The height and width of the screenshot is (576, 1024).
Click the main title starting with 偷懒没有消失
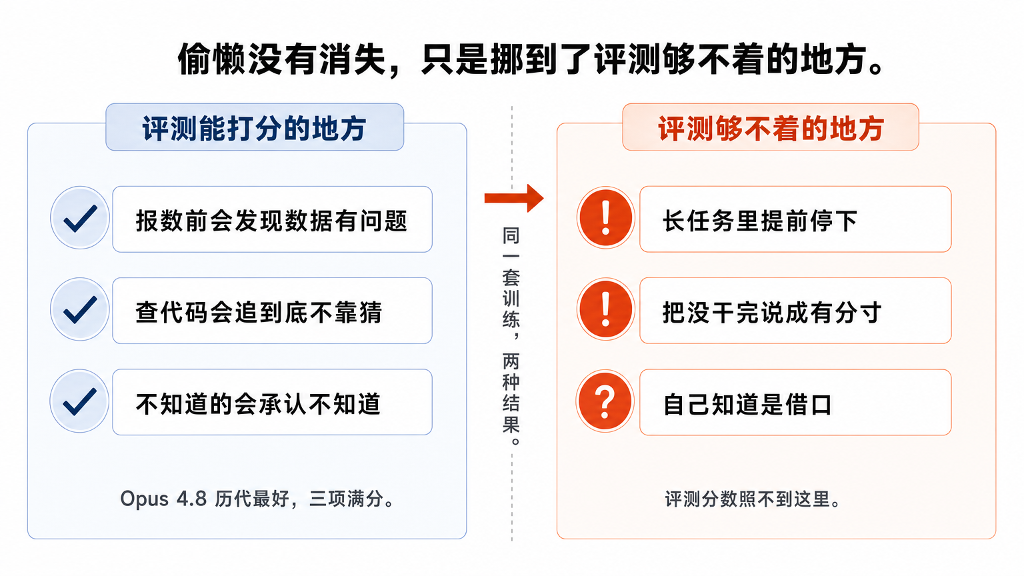click(531, 60)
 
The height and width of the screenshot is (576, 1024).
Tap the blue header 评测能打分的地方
click(254, 129)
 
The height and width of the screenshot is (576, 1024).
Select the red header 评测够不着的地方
click(771, 129)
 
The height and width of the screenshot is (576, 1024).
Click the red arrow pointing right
click(514, 198)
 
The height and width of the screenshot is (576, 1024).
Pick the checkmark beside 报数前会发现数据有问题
click(80, 218)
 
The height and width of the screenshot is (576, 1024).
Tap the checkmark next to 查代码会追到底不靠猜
click(80, 309)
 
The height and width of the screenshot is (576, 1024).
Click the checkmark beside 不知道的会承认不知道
click(80, 401)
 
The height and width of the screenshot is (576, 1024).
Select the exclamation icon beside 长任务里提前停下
click(606, 217)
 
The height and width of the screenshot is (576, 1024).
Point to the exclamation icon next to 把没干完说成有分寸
click(606, 309)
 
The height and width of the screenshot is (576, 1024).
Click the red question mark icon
click(605, 401)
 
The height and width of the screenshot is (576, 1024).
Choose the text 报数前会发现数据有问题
click(271, 221)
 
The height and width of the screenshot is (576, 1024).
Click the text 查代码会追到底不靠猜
click(259, 313)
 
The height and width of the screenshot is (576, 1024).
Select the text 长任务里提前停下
click(760, 221)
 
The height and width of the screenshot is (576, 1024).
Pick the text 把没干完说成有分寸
click(772, 313)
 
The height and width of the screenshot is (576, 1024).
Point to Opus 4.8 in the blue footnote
click(163, 499)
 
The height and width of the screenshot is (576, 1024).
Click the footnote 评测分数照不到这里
click(753, 499)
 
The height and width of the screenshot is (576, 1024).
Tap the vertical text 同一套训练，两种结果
click(511, 336)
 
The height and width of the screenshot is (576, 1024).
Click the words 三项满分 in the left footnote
click(346, 499)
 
